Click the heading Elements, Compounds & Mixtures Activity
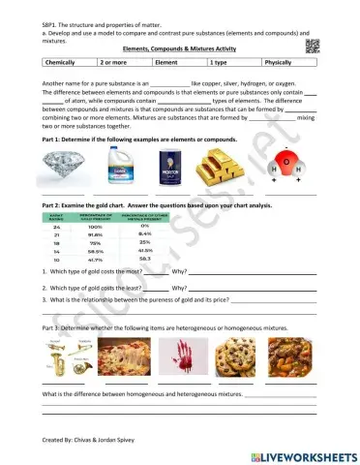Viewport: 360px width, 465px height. (179, 47)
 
